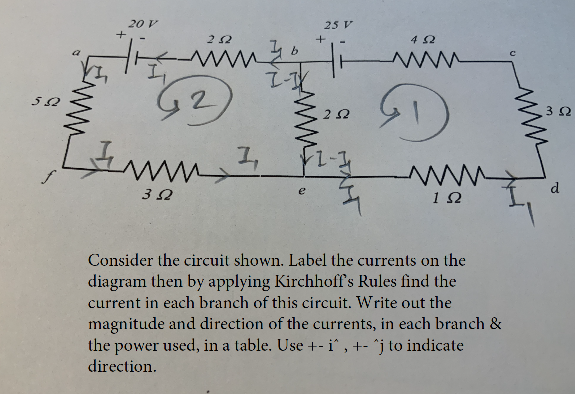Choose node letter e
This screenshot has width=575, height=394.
pos(301,191)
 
